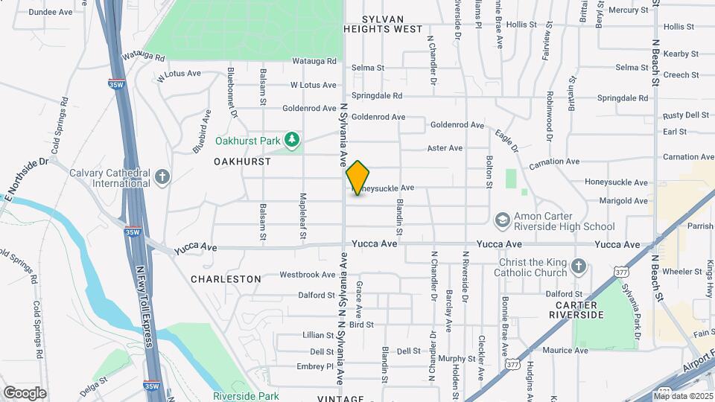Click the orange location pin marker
click(358, 178)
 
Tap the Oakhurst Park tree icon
click(293, 139)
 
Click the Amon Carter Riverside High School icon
click(502, 220)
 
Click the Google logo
click(25, 392)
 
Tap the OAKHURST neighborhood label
click(241, 162)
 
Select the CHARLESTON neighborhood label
click(226, 279)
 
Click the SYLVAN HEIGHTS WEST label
click(383, 24)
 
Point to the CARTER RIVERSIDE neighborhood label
click(576, 310)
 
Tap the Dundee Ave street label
click(51, 13)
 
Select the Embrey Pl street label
click(315, 366)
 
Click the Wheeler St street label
click(677, 271)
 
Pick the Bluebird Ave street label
click(202, 131)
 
